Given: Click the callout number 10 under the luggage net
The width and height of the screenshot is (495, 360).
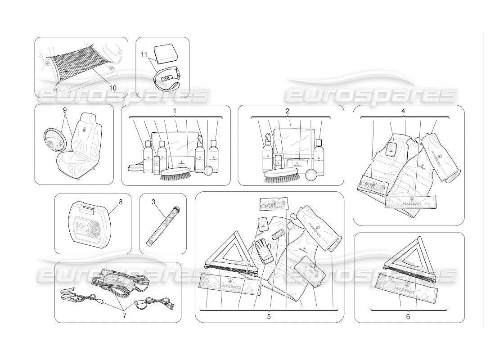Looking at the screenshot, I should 112,88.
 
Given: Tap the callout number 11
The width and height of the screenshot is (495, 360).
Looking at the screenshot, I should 144,55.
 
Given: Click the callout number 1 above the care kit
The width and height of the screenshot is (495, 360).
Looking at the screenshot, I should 175,110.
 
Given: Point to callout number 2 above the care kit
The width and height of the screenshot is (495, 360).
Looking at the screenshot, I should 288,110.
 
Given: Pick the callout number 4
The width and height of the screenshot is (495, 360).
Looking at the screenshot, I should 403,111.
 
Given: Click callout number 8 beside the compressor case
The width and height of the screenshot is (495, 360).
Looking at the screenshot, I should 121,202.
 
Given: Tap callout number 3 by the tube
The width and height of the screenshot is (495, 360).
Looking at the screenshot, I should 153,202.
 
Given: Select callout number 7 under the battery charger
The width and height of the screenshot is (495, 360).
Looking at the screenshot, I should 124,315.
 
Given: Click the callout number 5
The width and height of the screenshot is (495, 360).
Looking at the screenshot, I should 268,316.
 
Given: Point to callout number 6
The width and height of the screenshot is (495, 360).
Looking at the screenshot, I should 408,316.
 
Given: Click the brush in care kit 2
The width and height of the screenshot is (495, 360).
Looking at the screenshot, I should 281,175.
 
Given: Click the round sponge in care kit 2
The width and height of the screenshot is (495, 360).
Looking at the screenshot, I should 311,175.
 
